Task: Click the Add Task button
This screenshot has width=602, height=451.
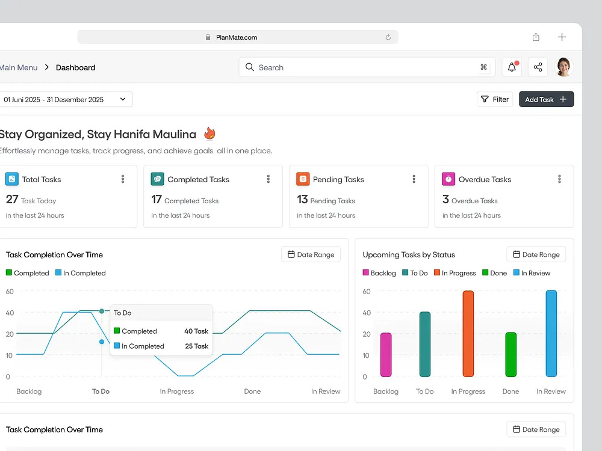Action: pyautogui.click(x=546, y=99)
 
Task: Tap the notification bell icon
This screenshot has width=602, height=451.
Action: pyautogui.click(x=512, y=67)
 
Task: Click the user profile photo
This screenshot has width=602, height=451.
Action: pyautogui.click(x=563, y=67)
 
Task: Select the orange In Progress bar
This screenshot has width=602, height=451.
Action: pyautogui.click(x=468, y=334)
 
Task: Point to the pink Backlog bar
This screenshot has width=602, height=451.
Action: pyautogui.click(x=386, y=355)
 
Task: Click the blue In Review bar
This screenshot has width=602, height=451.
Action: pyautogui.click(x=551, y=333)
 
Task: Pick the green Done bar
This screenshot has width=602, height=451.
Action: pyautogui.click(x=510, y=355)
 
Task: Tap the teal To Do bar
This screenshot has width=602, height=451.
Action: pyautogui.click(x=425, y=345)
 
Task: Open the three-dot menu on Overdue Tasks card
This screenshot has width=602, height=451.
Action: pyautogui.click(x=559, y=179)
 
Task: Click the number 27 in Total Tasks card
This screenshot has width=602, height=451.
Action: pyautogui.click(x=12, y=200)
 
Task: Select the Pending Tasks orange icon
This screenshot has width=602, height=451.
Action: pyautogui.click(x=303, y=179)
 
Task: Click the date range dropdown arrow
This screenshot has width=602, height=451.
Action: pyautogui.click(x=123, y=99)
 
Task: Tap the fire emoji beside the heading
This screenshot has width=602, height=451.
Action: pyautogui.click(x=209, y=133)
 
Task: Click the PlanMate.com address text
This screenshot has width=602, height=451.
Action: pyautogui.click(x=237, y=37)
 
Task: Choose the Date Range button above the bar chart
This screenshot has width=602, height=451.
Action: pyautogui.click(x=536, y=254)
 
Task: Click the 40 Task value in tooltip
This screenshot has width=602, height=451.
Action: pyautogui.click(x=196, y=331)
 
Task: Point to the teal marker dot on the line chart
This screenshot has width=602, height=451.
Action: pyautogui.click(x=102, y=311)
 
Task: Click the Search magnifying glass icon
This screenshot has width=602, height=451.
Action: pyautogui.click(x=250, y=67)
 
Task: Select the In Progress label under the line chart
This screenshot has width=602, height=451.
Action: pyautogui.click(x=177, y=391)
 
